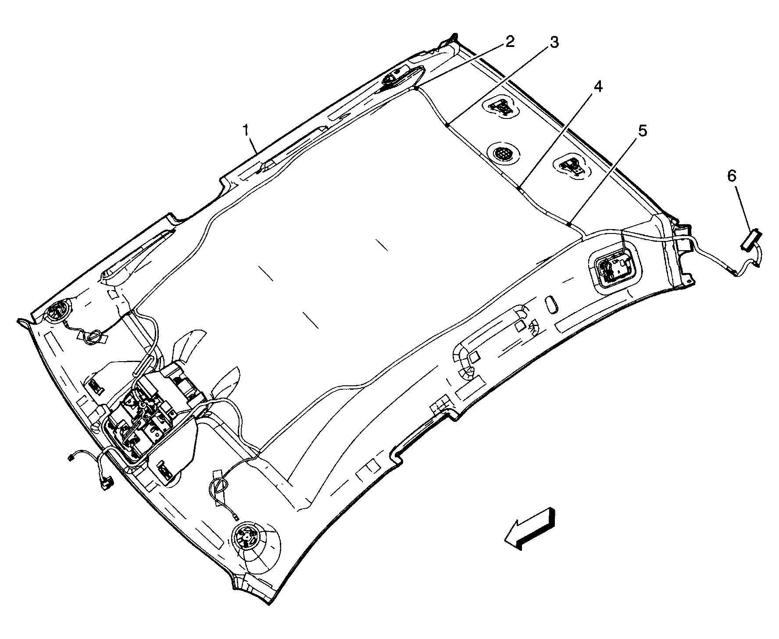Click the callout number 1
tap(247, 131)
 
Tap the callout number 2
tap(509, 42)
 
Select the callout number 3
tap(554, 43)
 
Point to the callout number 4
tap(597, 87)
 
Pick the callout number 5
tap(642, 131)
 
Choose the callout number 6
tap(732, 176)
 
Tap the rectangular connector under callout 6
tap(751, 242)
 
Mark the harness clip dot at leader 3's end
tap(446, 126)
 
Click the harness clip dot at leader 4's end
tap(518, 188)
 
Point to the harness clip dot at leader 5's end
tap(568, 224)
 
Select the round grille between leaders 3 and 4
tap(502, 154)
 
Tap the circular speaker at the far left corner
tap(57, 311)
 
